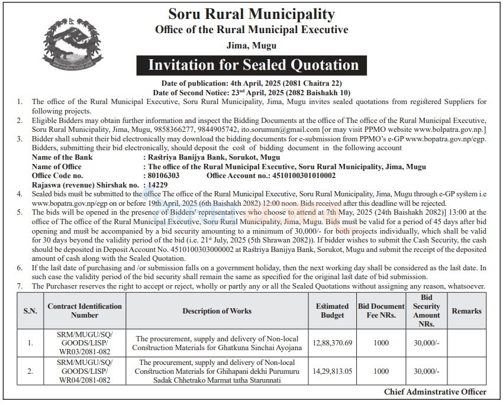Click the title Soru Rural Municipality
pos(251,14)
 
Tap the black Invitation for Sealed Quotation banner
pos(253,64)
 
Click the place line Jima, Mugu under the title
pos(251,45)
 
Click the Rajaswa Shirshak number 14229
pos(156,185)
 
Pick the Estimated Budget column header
pos(332,311)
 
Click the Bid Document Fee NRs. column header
pos(382,311)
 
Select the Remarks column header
pos(466,311)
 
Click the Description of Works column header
pos(217,311)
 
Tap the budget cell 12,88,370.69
pos(332,343)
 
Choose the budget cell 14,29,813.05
pos(332,371)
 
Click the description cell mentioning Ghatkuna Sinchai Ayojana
pos(217,343)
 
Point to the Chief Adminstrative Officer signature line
pos(435,392)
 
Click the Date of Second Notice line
pos(251,93)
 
